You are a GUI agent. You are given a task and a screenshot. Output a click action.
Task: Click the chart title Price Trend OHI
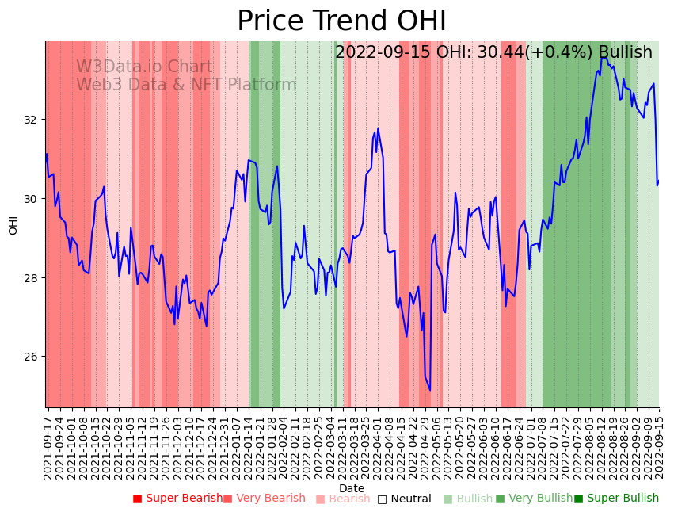[x=341, y=21]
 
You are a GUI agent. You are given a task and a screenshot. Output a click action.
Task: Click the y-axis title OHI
[x=13, y=224]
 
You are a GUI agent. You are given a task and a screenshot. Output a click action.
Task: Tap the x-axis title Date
[x=352, y=489]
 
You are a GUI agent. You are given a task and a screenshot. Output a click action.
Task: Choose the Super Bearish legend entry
[x=178, y=499]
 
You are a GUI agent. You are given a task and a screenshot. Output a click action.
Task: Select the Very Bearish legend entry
[x=264, y=499]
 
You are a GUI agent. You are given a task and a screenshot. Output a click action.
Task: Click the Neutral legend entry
[x=404, y=499]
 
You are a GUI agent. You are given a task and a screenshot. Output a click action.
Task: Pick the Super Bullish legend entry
[x=616, y=499]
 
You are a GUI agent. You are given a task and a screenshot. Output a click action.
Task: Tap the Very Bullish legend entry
[x=534, y=499]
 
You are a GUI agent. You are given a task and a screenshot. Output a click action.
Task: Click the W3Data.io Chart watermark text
[x=144, y=67]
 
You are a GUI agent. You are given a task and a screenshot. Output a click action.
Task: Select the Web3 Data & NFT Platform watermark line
[x=186, y=86]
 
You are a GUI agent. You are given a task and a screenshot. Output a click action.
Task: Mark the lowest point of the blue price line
[x=430, y=390]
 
